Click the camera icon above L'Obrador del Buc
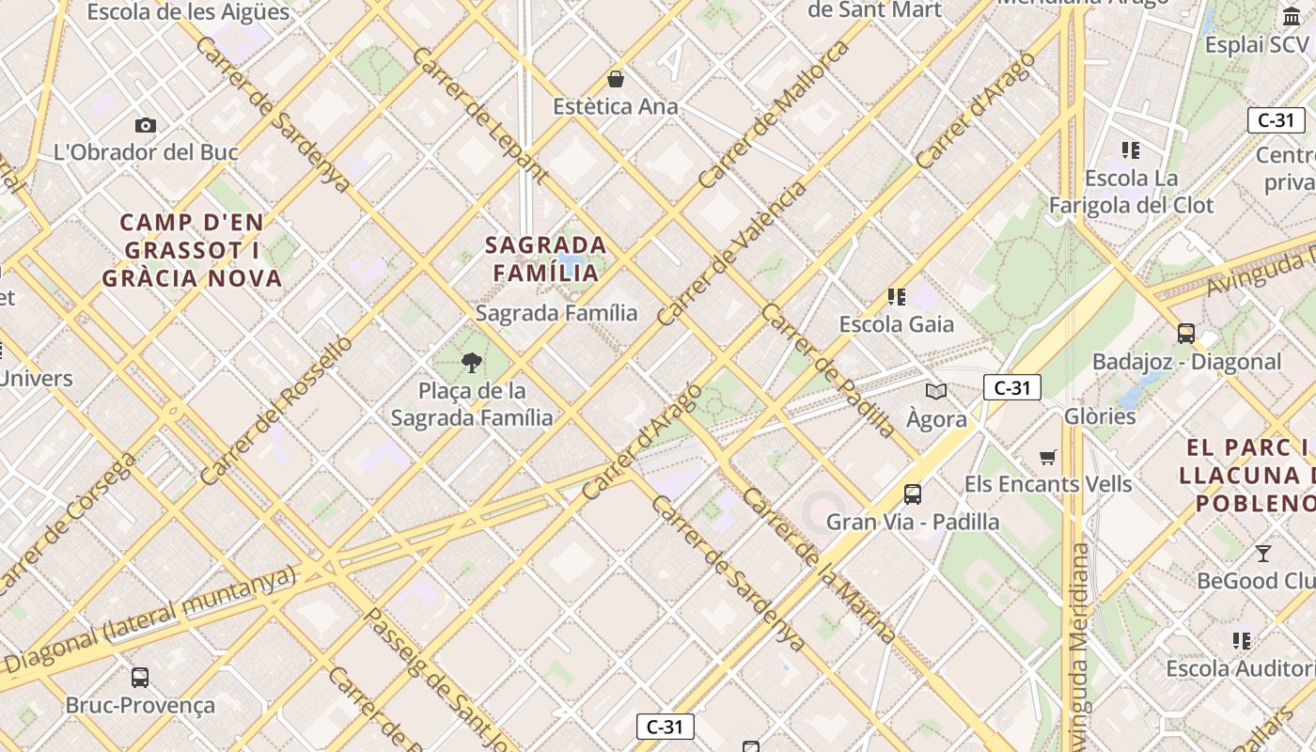146,125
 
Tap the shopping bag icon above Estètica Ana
616,79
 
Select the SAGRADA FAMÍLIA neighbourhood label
545,258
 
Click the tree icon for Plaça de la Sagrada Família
472,362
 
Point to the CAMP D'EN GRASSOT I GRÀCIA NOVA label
192,250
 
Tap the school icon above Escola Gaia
897,297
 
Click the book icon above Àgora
936,391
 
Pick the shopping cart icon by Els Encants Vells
1048,457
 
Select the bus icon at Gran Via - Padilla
912,493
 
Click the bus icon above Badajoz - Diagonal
1186,333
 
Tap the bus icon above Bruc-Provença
140,677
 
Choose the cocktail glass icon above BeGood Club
1263,553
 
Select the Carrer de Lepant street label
479,113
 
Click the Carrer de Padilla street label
828,370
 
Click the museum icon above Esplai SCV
1292,16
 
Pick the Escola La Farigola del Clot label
1131,192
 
